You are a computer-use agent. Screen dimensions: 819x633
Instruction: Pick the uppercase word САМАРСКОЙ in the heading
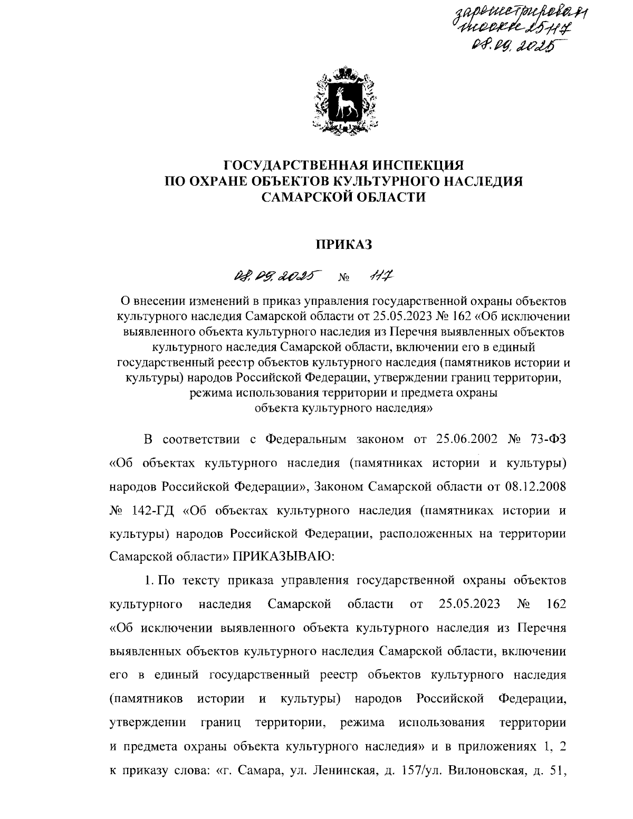[x=310, y=197]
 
